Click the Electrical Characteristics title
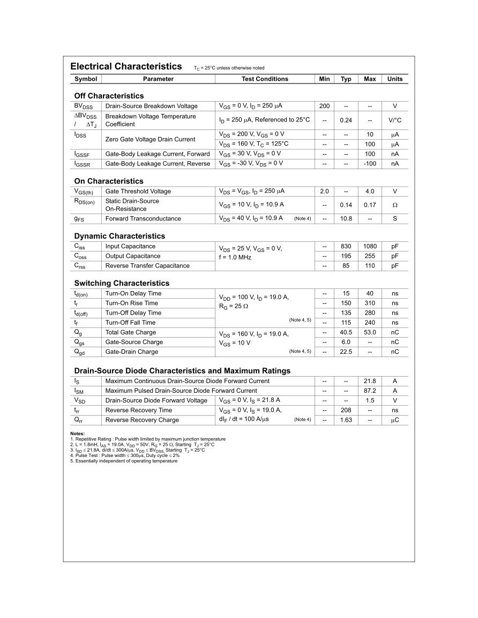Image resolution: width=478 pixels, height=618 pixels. [x=126, y=66]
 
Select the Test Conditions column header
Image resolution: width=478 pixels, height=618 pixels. [x=265, y=79]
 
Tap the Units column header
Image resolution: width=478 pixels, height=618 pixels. [x=395, y=79]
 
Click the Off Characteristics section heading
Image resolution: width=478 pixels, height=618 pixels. [x=109, y=96]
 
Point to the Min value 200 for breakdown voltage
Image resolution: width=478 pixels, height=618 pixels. [x=324, y=106]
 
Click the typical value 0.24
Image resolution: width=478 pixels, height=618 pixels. [x=346, y=120]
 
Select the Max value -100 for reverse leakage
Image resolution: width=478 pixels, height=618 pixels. [x=370, y=164]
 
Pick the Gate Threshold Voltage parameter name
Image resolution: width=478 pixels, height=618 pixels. [x=138, y=191]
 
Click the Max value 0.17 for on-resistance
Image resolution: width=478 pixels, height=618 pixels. [x=370, y=205]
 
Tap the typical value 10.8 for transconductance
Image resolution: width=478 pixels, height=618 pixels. [x=346, y=218]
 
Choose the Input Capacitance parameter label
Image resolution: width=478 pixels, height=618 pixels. [x=130, y=246]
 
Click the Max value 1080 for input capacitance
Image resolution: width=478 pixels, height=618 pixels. [x=370, y=246]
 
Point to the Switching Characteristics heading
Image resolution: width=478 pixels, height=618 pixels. [x=122, y=283]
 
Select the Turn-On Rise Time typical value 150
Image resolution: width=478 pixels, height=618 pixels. [x=346, y=303]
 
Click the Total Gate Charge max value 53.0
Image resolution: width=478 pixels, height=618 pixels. [x=370, y=332]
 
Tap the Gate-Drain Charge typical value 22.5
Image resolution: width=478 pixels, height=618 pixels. [x=346, y=352]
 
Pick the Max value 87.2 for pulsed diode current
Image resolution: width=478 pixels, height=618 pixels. [x=370, y=391]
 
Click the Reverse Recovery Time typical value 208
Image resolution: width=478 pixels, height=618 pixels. [x=346, y=410]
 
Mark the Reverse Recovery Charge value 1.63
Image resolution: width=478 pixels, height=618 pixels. [x=346, y=420]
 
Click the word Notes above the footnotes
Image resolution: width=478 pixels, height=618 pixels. [x=77, y=433]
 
